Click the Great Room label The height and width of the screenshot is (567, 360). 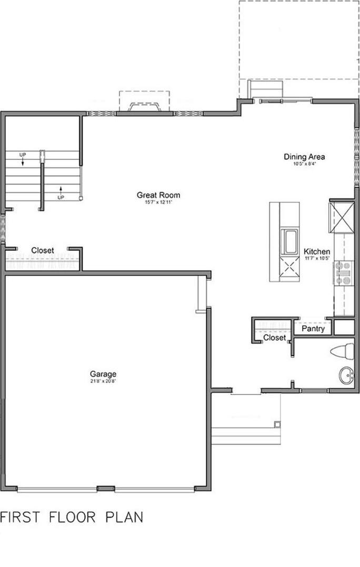point(152,195)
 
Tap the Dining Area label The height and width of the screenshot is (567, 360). point(304,157)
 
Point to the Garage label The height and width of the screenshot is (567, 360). point(103,374)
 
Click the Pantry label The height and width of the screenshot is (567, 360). point(313,329)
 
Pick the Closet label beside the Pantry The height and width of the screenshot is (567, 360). point(274,338)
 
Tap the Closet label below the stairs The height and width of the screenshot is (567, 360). point(42,251)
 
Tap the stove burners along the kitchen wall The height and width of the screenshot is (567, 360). point(344,273)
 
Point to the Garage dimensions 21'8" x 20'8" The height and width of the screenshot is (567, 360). point(103,381)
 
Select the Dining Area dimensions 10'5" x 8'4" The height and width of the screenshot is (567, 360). point(304,164)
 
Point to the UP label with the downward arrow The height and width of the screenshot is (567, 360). point(23,155)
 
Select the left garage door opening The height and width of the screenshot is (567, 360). point(57,490)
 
